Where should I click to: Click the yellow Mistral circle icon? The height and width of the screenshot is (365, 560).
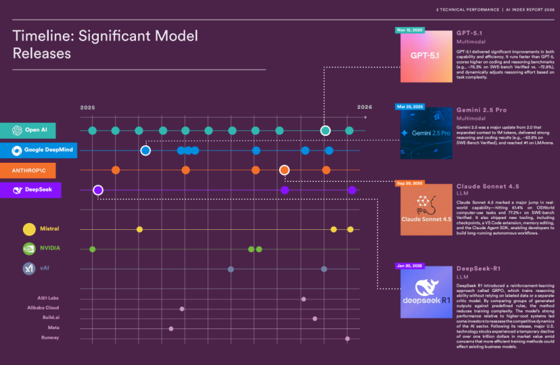point(29,229)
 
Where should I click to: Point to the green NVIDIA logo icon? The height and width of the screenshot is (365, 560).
point(29,249)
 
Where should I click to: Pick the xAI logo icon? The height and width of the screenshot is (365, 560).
point(29,268)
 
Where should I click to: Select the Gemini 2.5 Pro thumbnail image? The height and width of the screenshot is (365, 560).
point(425,134)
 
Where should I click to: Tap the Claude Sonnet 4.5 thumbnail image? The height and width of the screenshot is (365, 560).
point(425,210)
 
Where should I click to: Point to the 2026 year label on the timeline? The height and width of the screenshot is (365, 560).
point(365,107)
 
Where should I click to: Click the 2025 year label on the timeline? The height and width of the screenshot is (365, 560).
point(88,107)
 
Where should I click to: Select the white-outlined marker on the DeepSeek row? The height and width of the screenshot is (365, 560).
point(98,190)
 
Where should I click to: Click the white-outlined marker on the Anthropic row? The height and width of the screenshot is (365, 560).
point(285,170)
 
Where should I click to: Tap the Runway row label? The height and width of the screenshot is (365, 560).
point(49,338)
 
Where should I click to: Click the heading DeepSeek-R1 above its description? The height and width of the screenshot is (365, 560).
point(479,269)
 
